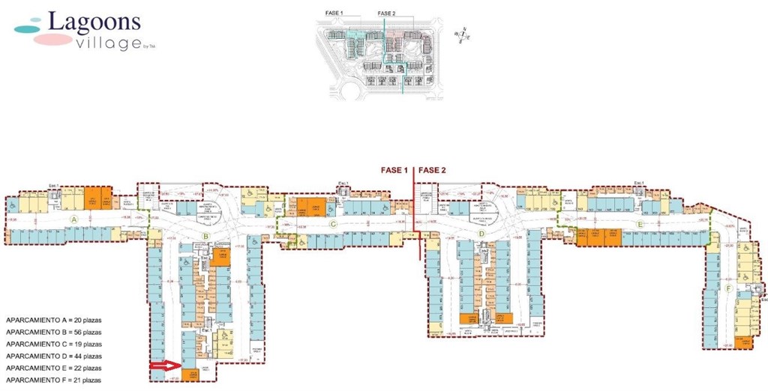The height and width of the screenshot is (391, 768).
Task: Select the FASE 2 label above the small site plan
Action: [x=386, y=13]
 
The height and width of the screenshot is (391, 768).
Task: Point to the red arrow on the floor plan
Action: [x=164, y=365]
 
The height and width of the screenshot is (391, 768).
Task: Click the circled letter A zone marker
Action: [x=73, y=218]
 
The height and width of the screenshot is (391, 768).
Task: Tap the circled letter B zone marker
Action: [x=205, y=237]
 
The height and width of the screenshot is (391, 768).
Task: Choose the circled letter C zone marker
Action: [x=331, y=223]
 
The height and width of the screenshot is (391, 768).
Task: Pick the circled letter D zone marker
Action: [x=482, y=234]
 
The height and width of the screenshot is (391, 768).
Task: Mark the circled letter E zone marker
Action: [x=640, y=224]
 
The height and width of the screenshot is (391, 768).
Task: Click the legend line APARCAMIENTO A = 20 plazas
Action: [x=53, y=319]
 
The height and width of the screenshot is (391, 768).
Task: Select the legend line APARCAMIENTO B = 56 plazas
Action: [x=53, y=331]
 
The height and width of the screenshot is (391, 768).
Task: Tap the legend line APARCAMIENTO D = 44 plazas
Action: [x=53, y=356]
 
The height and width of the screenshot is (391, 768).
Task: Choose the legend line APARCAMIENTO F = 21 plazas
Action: [x=53, y=381]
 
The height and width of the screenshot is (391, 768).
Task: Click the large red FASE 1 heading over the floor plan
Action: [x=391, y=170]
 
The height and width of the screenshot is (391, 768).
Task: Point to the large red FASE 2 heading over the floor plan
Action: [x=432, y=170]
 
